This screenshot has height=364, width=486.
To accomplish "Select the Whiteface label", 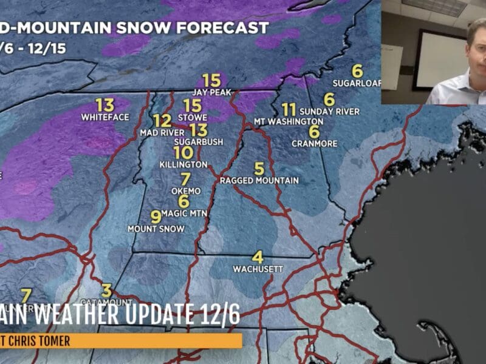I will (x=105, y=116).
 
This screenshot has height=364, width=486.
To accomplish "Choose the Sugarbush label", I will (x=199, y=141).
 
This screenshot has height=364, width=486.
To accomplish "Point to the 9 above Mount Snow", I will (x=156, y=216).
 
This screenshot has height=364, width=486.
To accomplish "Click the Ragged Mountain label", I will (x=259, y=180).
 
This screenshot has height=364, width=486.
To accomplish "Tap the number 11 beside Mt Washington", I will (x=289, y=110).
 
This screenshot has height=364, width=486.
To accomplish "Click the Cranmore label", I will (x=314, y=144).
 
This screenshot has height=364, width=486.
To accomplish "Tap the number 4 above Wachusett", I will (x=258, y=257).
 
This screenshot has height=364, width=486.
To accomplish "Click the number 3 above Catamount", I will (x=107, y=290).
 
